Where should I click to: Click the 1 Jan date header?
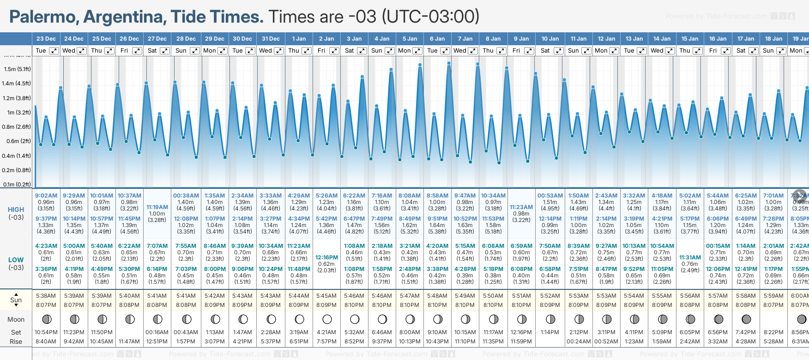(x=299, y=39)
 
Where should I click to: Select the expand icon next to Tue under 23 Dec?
(x=54, y=51)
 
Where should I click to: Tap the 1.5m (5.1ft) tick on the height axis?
(x=18, y=69)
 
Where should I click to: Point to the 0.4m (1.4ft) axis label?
(x=17, y=156)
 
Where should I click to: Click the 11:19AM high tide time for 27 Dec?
(x=157, y=207)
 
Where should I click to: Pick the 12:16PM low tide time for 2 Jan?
(x=326, y=258)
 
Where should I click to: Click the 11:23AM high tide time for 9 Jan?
(x=521, y=207)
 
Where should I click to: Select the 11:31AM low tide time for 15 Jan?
(x=690, y=258)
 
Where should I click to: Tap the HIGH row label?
(x=16, y=210)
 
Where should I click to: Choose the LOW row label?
(x=16, y=260)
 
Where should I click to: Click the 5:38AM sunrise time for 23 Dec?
(x=46, y=296)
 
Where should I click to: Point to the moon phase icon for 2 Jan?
(x=327, y=319)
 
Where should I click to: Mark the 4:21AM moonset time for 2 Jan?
(x=326, y=332)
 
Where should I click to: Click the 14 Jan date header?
(x=662, y=39)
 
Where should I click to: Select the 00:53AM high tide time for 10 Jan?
(x=550, y=196)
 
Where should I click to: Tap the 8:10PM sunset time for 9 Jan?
(x=521, y=305)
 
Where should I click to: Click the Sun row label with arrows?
(x=16, y=300)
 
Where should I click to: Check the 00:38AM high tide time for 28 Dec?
(x=186, y=196)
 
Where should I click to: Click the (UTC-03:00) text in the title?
(x=430, y=17)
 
